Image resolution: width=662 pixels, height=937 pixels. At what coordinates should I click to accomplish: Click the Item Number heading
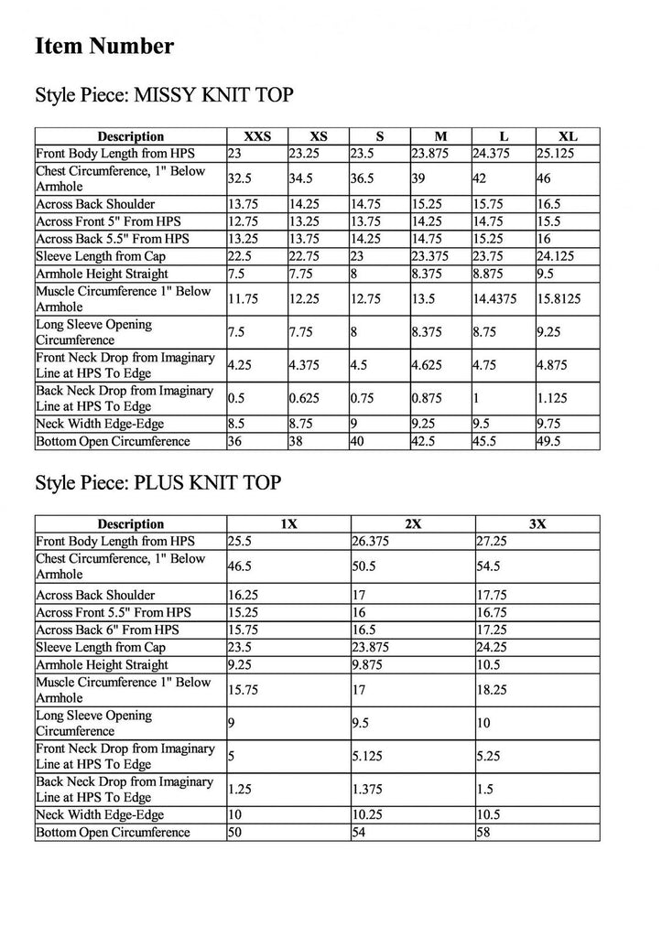coord(104,47)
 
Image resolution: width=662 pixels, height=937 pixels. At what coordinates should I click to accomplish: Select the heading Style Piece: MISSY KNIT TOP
coord(164,96)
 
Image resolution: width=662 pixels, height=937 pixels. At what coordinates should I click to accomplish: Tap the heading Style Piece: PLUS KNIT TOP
coord(157,482)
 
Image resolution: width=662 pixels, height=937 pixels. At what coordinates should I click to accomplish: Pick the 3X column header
coord(537,523)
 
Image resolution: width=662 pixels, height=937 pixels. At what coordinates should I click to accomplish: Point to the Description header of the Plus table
coord(130,523)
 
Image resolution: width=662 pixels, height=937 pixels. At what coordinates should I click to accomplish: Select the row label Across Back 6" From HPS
coord(106,630)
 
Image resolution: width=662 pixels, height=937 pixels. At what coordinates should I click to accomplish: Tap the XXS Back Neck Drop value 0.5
coord(236,397)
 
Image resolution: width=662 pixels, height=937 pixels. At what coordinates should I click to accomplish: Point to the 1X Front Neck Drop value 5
coord(232,756)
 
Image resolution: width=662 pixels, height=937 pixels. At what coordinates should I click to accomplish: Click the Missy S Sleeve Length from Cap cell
coord(357,255)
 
